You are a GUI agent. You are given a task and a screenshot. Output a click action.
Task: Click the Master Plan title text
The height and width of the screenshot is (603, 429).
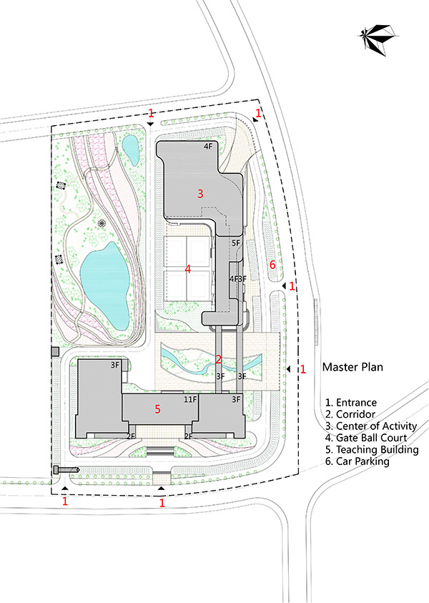click(x=352, y=368)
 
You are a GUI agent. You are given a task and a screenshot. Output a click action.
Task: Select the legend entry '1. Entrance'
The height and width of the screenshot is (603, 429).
click(x=350, y=403)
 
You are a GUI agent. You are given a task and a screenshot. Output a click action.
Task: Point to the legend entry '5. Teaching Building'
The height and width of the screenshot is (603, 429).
click(x=371, y=450)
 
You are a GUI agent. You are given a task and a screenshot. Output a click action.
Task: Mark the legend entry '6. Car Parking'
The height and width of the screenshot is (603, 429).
click(x=357, y=461)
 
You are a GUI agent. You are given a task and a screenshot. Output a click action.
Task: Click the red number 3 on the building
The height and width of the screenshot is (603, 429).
click(x=201, y=193)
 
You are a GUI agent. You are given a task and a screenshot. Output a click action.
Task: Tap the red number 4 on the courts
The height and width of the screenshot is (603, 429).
click(x=188, y=270)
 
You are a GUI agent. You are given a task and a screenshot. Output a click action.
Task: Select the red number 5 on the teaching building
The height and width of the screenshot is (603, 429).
click(x=157, y=409)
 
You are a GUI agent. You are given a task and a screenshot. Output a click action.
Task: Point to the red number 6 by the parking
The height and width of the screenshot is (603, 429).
click(x=272, y=265)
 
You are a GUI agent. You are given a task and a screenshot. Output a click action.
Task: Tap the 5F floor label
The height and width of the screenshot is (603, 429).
click(x=235, y=243)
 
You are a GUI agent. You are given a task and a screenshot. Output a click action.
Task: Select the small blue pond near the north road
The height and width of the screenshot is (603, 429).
click(x=130, y=147)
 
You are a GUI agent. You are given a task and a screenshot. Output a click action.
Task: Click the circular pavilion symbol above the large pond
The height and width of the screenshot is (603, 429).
click(x=102, y=223)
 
